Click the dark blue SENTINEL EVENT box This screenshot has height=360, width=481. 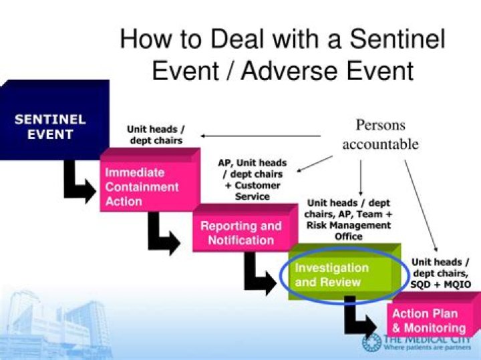pyautogui.click(x=50, y=127)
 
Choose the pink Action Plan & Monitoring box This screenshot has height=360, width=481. pyautogui.click(x=428, y=321)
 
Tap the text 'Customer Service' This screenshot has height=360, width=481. pyautogui.click(x=252, y=191)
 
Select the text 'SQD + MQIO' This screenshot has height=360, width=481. pyautogui.click(x=441, y=284)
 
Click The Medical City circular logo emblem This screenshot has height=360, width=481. pyautogui.click(x=371, y=342)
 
